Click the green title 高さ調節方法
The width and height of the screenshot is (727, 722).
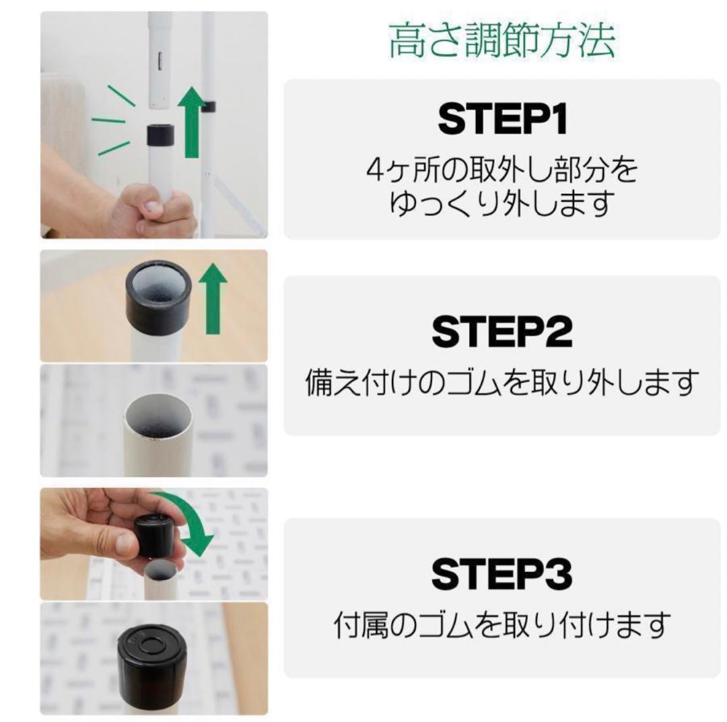point(501,42)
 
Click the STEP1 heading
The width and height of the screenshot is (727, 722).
point(502,120)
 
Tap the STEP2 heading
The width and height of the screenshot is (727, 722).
point(502,332)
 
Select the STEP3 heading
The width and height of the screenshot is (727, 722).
point(502,575)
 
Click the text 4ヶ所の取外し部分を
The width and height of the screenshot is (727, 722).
point(502,170)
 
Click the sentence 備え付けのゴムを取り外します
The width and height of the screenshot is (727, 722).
point(502,382)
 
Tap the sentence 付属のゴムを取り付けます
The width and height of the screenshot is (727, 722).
point(502,625)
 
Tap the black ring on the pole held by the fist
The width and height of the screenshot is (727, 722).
point(160,135)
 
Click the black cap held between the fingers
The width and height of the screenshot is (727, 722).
point(154,536)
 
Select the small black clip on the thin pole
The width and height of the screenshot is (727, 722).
point(208,106)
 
